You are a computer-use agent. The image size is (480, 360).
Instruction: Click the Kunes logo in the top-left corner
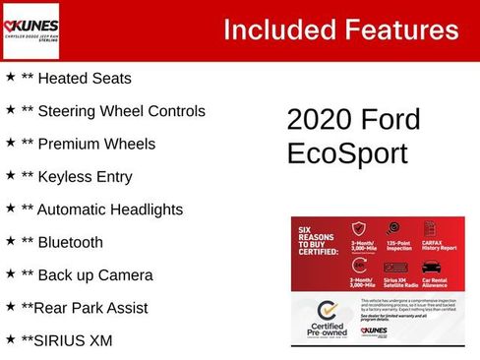tap(31, 31)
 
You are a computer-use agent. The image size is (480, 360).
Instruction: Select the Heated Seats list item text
tap(83, 78)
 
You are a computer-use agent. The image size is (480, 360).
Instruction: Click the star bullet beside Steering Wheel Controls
tap(10, 109)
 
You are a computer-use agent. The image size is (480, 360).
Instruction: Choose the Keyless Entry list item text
tap(83, 177)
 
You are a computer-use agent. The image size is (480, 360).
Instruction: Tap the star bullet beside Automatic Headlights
tap(10, 209)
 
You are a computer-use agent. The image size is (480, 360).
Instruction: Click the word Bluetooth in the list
tap(75, 242)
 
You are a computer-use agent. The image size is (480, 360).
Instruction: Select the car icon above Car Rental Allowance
tap(431, 267)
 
